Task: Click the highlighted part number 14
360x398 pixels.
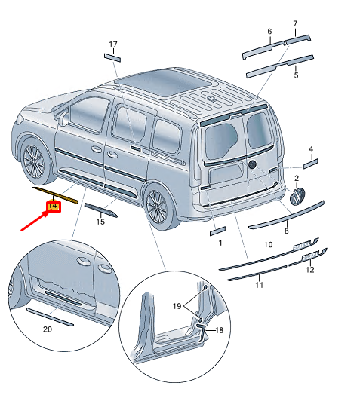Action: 53,206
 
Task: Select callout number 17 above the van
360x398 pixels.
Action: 113,44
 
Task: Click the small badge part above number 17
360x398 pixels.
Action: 112,55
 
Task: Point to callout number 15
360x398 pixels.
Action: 100,222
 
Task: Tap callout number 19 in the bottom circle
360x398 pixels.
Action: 177,308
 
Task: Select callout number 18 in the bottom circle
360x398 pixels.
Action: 220,331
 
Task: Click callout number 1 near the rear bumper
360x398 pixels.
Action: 220,243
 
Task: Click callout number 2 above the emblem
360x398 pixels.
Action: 297,177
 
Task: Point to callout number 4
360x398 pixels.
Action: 310,149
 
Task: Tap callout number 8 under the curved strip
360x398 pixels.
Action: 286,231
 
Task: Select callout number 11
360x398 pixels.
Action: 259,285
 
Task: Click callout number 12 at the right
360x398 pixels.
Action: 309,270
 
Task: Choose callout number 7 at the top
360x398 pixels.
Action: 295,23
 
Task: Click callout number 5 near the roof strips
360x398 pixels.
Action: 296,75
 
